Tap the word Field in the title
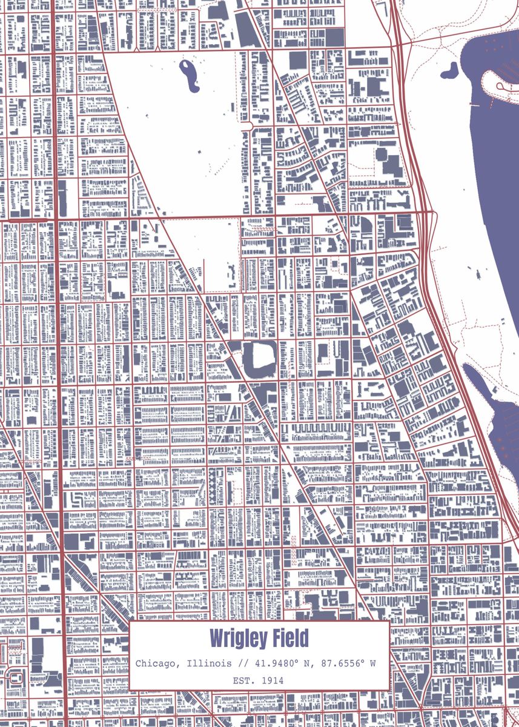(x=288, y=639)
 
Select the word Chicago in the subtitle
(x=156, y=663)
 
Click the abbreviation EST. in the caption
(x=245, y=680)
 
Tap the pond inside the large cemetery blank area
(x=190, y=75)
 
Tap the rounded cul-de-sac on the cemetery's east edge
(x=248, y=125)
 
